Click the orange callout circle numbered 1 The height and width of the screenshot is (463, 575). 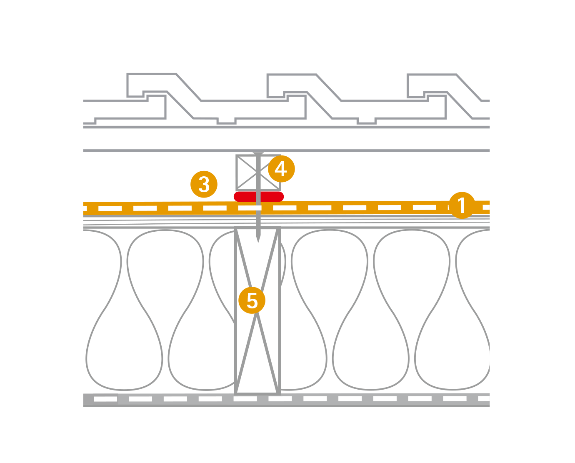462,205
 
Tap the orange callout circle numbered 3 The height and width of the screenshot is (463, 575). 204,184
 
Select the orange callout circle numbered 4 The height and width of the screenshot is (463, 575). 281,169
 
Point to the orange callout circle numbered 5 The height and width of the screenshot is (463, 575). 252,300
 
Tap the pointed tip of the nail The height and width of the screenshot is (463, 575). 258,242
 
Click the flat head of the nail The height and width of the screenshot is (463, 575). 258,153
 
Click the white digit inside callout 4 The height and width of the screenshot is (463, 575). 281,169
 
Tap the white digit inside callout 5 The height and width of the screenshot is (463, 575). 252,300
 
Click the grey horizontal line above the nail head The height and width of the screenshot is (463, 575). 286,150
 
